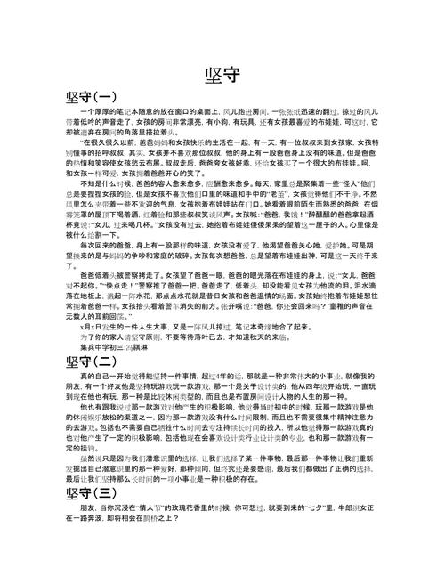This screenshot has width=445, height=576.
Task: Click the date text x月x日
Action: [x=93, y=351]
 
